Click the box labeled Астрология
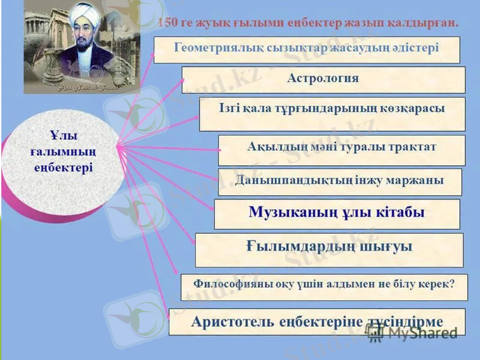(x=323, y=79)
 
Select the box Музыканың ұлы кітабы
(x=337, y=213)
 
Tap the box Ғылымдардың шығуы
(x=329, y=248)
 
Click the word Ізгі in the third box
(x=231, y=108)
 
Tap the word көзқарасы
(x=410, y=108)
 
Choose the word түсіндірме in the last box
(x=405, y=321)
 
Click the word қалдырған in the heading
(x=425, y=22)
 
